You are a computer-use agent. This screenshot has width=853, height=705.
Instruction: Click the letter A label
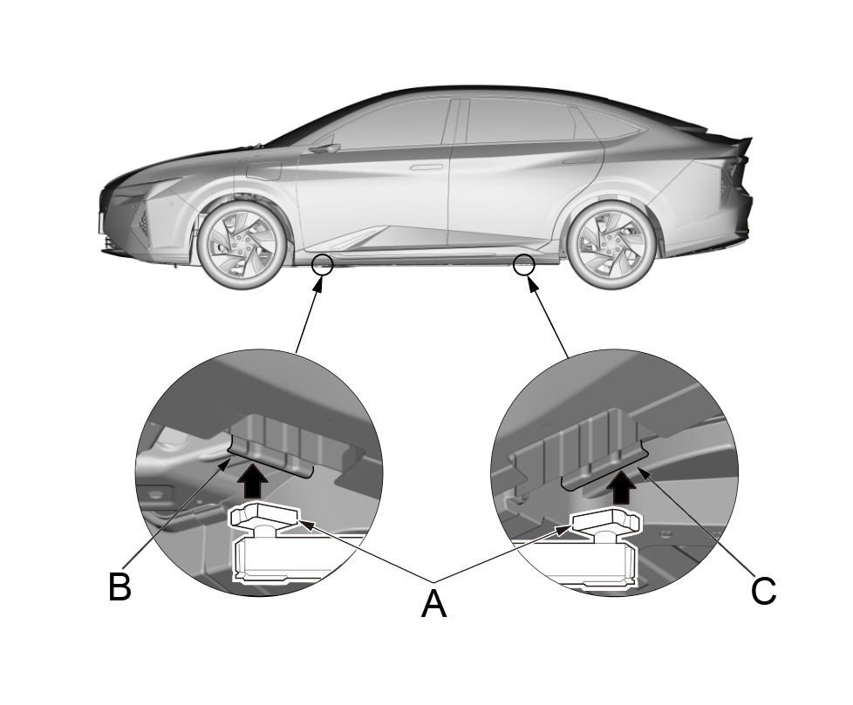point(433,603)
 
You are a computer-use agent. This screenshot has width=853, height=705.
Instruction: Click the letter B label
point(119,586)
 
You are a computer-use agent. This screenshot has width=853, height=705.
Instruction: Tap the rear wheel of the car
point(611,241)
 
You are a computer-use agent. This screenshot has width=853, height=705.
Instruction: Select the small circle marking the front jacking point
point(323,262)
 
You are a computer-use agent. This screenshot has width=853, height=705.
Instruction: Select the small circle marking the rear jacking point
point(524,263)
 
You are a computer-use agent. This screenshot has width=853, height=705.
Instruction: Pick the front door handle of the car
point(426,166)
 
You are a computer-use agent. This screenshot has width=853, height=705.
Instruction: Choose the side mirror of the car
point(324,148)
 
